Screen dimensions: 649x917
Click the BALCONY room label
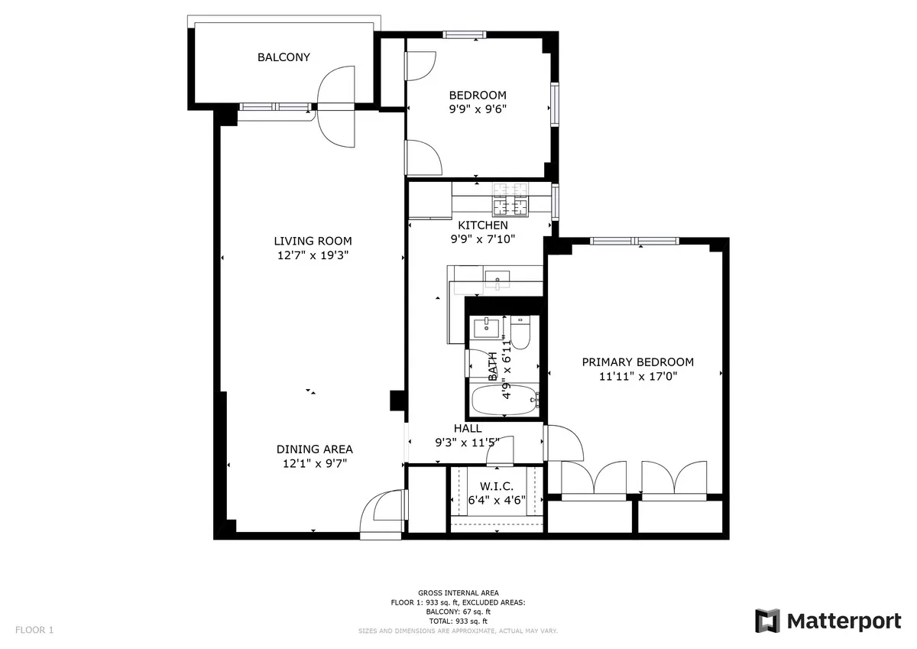point(284,57)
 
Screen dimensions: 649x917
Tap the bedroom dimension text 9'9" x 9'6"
point(478,109)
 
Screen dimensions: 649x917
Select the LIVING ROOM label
point(313,242)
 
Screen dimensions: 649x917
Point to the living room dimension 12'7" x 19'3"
point(313,255)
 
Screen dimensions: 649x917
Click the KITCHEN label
point(482,226)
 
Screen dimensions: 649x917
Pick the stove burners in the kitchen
point(510,199)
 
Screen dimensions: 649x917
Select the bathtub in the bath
point(504,401)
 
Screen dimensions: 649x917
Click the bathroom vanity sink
point(485,329)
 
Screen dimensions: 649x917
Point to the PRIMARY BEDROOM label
point(638,362)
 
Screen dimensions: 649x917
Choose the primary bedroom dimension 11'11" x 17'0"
point(638,376)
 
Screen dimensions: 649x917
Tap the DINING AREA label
point(314,449)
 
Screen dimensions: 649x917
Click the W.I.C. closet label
point(496,487)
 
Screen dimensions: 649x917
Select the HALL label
point(468,429)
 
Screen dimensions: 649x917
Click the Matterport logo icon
point(767,621)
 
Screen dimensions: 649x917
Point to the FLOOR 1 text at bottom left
point(34,631)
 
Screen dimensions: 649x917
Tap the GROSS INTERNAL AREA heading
point(458,593)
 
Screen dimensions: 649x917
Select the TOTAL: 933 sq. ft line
point(458,621)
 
